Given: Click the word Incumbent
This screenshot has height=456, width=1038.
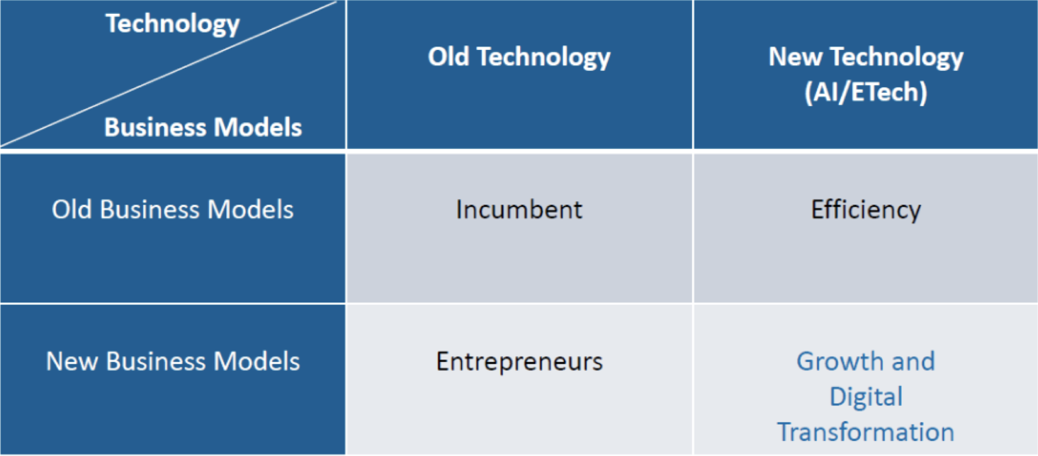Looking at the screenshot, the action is pyautogui.click(x=519, y=209).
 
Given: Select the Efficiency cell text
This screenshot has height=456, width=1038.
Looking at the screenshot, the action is pyautogui.click(x=866, y=210).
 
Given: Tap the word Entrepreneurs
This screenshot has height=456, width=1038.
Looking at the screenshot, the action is pyautogui.click(x=520, y=361).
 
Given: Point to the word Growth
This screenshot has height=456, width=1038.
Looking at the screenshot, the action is pyautogui.click(x=839, y=361).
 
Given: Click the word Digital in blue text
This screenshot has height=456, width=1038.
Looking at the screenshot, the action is pyautogui.click(x=866, y=397).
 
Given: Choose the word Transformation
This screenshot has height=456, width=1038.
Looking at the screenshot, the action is pyautogui.click(x=866, y=432).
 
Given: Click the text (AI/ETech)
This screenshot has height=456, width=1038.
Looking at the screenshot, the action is pyautogui.click(x=866, y=92).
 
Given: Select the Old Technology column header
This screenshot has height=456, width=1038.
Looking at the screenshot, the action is pyautogui.click(x=519, y=57).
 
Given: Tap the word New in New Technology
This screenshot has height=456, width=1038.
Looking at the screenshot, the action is pyautogui.click(x=795, y=56).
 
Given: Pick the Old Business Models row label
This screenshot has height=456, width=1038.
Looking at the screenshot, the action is pyautogui.click(x=172, y=209).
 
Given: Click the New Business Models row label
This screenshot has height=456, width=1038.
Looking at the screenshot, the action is pyautogui.click(x=173, y=361).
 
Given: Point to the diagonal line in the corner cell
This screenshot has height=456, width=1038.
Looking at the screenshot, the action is pyautogui.click(x=169, y=74).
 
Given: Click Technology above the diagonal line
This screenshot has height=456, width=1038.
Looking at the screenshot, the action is pyautogui.click(x=172, y=24).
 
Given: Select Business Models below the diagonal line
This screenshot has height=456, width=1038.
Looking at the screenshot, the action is pyautogui.click(x=203, y=127).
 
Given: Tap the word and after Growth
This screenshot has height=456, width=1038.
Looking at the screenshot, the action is pyautogui.click(x=913, y=361).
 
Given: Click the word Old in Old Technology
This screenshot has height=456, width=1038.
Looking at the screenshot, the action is pyautogui.click(x=448, y=56).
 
